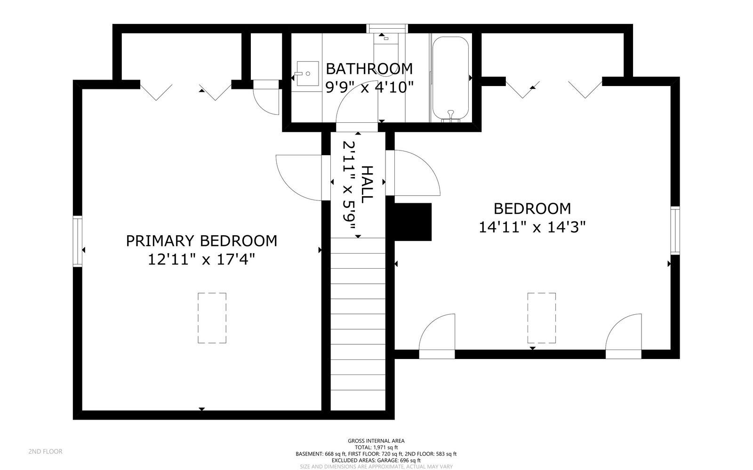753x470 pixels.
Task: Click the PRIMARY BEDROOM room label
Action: point(201,241)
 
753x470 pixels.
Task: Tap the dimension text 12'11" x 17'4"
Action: point(201,259)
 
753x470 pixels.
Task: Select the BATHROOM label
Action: point(369,69)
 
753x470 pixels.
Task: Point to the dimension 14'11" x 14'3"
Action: point(532,227)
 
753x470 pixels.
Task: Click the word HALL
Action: point(367,184)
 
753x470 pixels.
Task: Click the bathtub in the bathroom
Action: point(450,79)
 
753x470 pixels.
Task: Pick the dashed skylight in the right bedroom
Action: point(541,318)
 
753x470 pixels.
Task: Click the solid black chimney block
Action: point(413,222)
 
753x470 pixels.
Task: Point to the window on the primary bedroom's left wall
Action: point(77,241)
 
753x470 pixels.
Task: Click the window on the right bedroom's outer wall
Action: point(675,231)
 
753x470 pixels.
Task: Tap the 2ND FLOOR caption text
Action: point(45,452)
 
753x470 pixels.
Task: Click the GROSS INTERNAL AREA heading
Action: point(376,441)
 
